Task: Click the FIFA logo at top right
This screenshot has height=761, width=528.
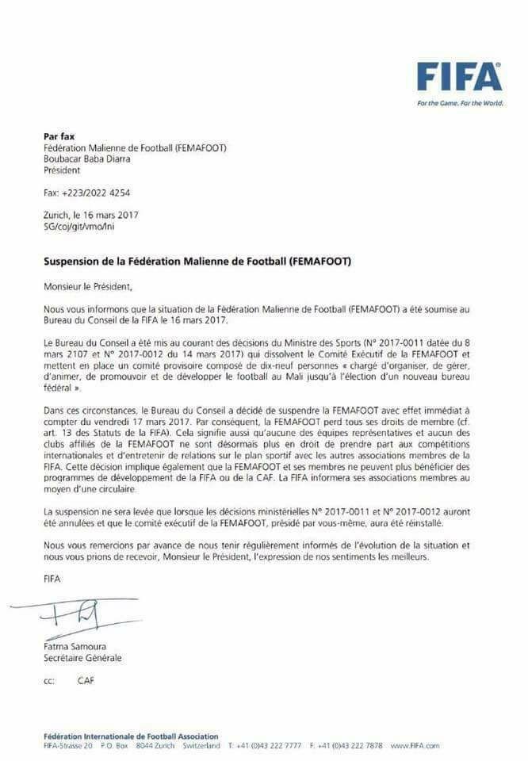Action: [460, 77]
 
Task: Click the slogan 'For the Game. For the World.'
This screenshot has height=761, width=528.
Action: [460, 103]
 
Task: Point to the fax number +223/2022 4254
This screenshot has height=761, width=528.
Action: [87, 193]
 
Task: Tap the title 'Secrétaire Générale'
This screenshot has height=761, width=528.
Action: [82, 658]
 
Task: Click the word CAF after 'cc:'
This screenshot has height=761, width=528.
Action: [86, 680]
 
